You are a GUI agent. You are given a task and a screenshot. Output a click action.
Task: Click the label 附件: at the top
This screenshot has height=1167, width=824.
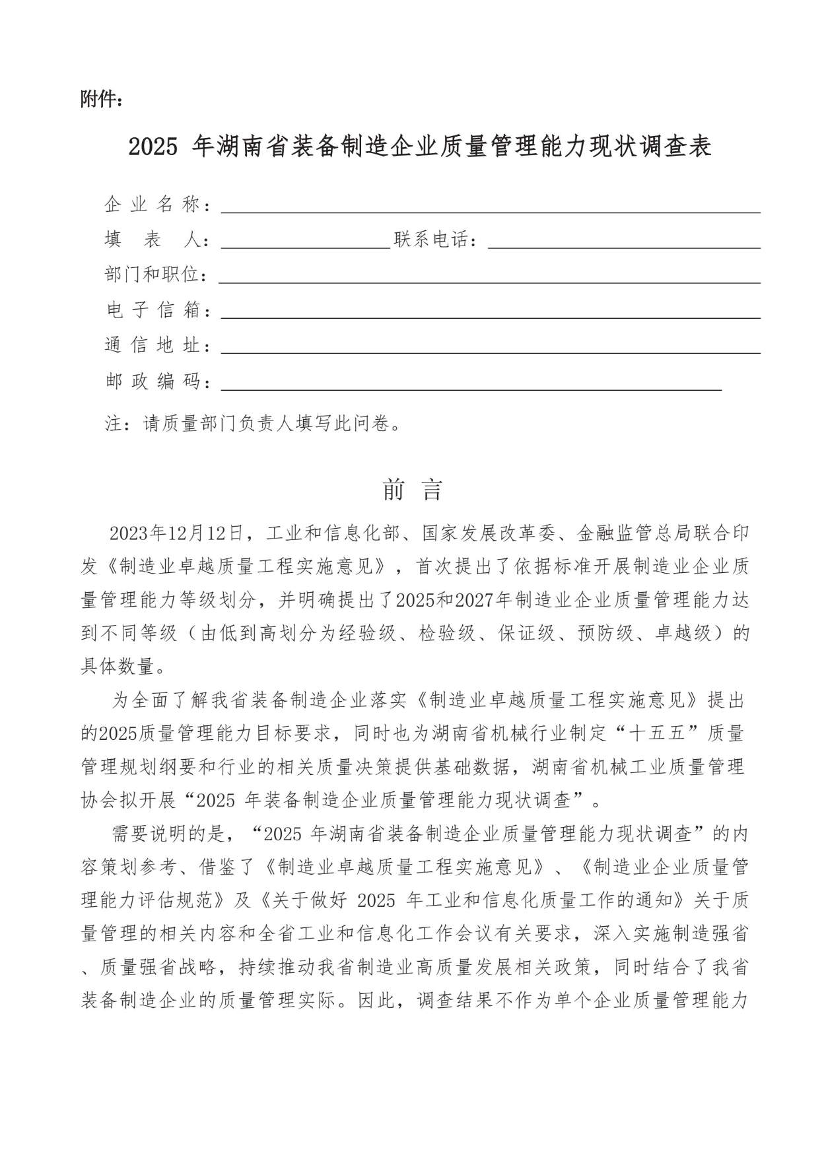click(102, 100)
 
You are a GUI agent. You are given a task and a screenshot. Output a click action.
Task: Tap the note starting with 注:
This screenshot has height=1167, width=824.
click(253, 423)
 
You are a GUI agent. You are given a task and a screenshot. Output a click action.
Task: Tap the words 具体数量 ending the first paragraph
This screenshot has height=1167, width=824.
click(118, 667)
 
